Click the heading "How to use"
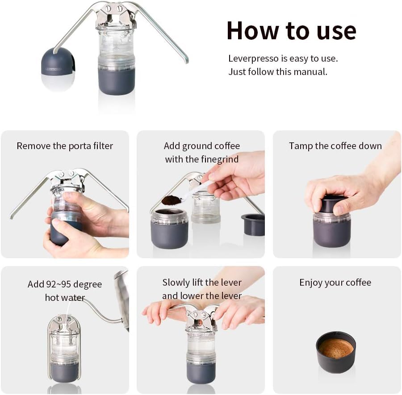pos(292,31)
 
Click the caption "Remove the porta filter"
pos(65,146)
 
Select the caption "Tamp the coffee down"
pos(335,146)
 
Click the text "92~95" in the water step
pos(59,284)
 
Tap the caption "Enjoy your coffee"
pos(335,283)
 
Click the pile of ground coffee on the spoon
pos(171,200)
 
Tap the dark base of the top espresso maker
pos(117,81)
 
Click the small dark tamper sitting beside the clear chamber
pos(253,225)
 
